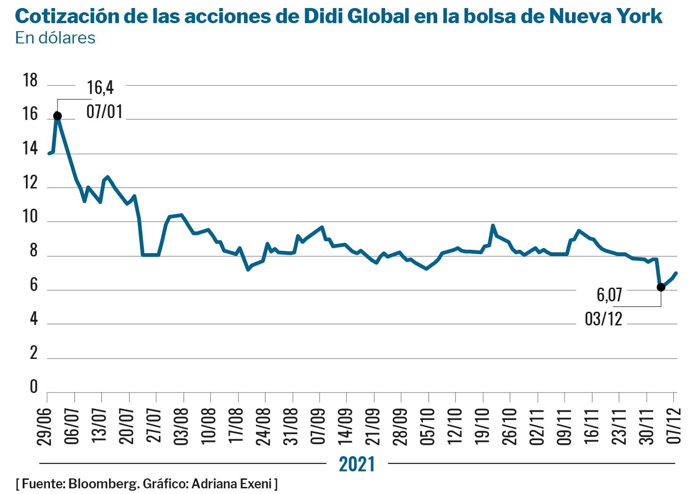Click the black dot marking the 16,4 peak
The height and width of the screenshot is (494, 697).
[x=58, y=116]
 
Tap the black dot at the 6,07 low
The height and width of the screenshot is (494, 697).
[x=661, y=287]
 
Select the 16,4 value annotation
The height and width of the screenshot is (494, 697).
[x=100, y=88]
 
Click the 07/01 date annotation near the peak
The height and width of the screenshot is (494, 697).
[x=105, y=112]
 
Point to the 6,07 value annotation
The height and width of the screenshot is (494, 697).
[x=610, y=295]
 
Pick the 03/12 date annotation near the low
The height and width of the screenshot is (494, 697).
[x=604, y=319]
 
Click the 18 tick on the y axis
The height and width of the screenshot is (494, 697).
[x=30, y=81]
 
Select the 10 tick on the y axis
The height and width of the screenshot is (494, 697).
[x=30, y=217]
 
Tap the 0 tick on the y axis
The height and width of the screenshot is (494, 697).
[x=33, y=387]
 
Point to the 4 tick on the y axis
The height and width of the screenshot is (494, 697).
[x=33, y=319]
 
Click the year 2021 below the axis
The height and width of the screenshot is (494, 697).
[x=357, y=464]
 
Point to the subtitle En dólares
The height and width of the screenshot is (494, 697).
[x=55, y=38]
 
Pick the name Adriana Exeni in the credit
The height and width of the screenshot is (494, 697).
[x=232, y=484]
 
